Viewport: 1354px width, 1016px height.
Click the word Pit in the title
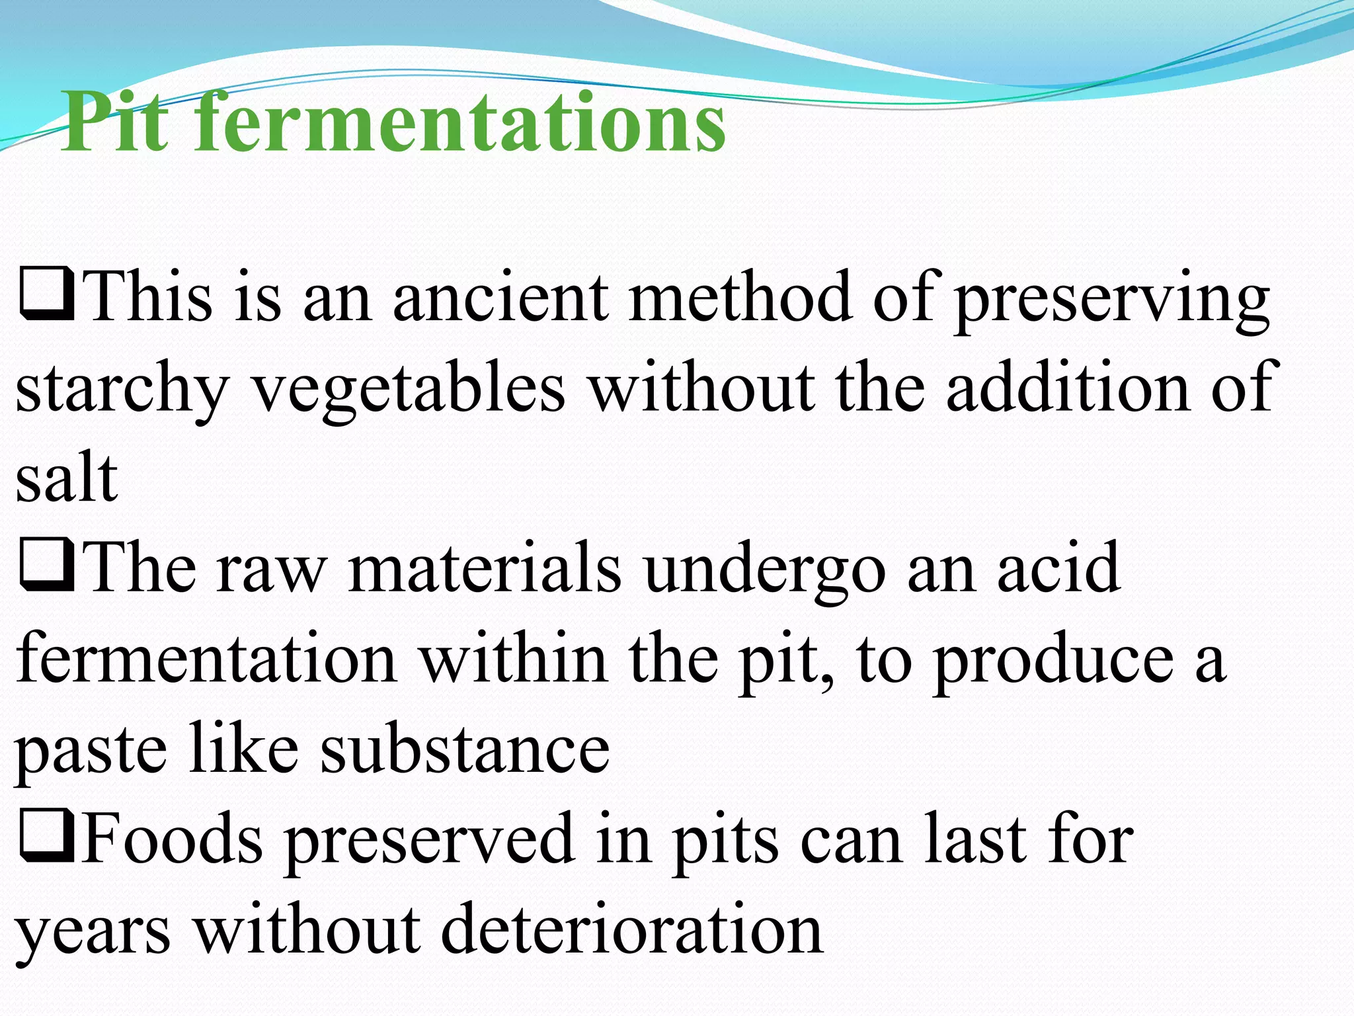(115, 123)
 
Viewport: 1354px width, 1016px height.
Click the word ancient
(500, 298)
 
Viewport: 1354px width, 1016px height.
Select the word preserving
(1111, 301)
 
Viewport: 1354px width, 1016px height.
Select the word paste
(90, 751)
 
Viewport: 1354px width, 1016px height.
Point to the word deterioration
(631, 929)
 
